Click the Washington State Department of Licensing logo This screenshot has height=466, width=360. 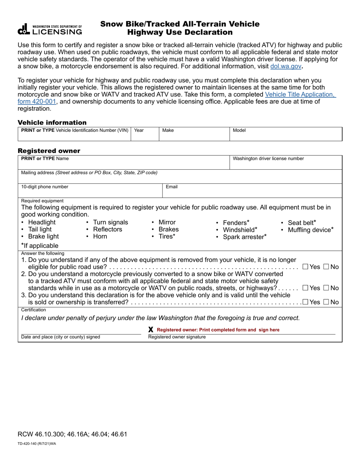click(x=50, y=30)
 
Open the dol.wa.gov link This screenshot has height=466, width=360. click(x=286, y=66)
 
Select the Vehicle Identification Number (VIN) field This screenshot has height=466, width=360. click(x=74, y=136)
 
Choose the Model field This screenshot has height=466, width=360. click(x=286, y=136)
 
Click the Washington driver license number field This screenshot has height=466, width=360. click(x=286, y=164)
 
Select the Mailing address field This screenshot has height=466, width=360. click(x=180, y=178)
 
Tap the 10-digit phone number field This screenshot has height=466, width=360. click(x=90, y=192)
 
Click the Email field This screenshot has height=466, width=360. click(x=252, y=192)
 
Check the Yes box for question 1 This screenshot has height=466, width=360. click(x=305, y=267)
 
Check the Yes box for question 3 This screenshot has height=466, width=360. click(x=305, y=302)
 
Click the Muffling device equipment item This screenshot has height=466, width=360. click(x=310, y=230)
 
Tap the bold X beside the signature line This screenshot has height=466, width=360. click(x=151, y=330)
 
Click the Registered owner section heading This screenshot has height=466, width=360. click(x=49, y=151)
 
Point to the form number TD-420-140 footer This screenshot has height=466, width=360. click(x=37, y=443)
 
